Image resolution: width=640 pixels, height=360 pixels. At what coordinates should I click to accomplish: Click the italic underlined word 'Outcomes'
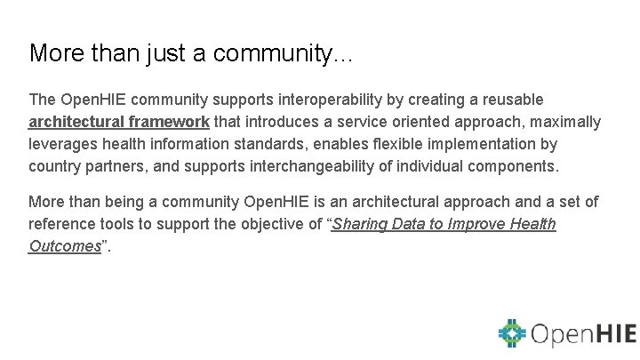pos(64,246)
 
